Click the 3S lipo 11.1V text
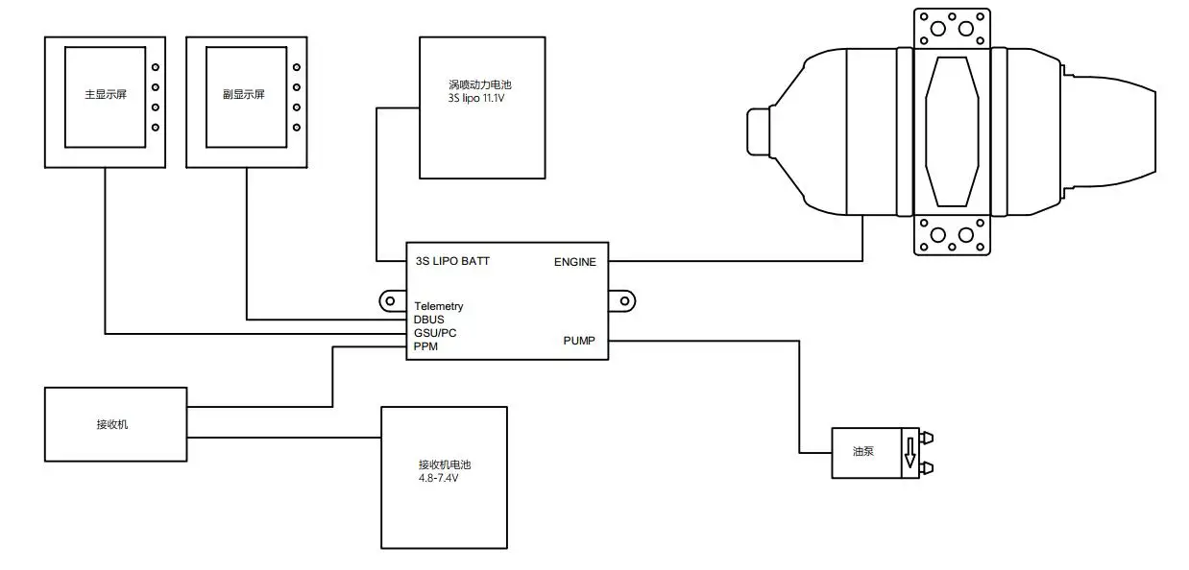click(x=475, y=98)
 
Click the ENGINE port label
click(x=574, y=261)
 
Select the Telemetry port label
click(x=439, y=307)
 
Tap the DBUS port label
click(x=429, y=321)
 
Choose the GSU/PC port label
click(x=434, y=334)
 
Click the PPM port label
click(x=425, y=347)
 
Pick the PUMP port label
click(x=579, y=341)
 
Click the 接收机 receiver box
click(x=116, y=424)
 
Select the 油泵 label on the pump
click(x=862, y=450)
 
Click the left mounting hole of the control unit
click(x=390, y=301)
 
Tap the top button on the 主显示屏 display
click(x=155, y=67)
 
